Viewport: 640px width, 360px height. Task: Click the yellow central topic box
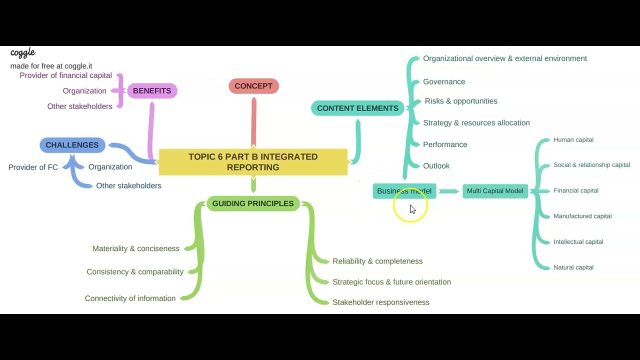click(x=253, y=162)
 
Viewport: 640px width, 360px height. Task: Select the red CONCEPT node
click(x=253, y=86)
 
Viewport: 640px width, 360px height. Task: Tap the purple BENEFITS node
click(x=152, y=91)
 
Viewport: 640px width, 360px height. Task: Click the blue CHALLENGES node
click(x=72, y=145)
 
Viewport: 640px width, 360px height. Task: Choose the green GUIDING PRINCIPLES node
click(x=253, y=203)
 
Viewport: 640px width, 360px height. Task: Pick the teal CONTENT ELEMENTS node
click(x=357, y=108)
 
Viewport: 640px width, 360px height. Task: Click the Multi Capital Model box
click(x=495, y=191)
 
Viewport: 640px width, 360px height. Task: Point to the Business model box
click(x=404, y=191)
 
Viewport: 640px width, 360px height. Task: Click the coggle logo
click(x=23, y=52)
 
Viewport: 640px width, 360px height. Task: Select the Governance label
click(x=444, y=82)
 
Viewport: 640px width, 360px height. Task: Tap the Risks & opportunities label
click(x=461, y=101)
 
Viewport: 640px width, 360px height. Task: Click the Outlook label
click(x=436, y=166)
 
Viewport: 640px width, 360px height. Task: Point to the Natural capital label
click(x=573, y=267)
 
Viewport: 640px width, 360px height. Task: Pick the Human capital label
click(x=573, y=140)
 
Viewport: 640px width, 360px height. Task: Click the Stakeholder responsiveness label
click(x=381, y=302)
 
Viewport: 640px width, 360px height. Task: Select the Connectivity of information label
click(x=130, y=298)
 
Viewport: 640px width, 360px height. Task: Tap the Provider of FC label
click(x=33, y=167)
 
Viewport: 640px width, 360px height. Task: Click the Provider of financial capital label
click(x=66, y=75)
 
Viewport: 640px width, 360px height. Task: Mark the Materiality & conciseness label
click(x=136, y=249)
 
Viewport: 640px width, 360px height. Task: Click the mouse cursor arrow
click(x=412, y=209)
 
